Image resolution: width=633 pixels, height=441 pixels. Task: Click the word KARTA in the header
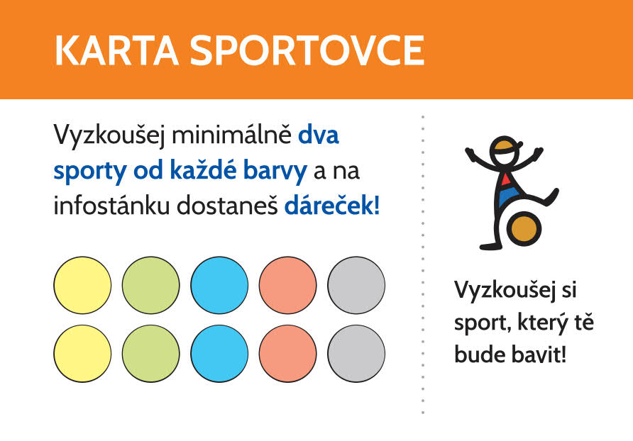(x=116, y=50)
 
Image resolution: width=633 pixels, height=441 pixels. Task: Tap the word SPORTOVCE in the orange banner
(x=307, y=50)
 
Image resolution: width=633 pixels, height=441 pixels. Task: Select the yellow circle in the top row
(x=82, y=285)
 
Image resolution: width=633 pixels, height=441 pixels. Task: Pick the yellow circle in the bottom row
(x=82, y=354)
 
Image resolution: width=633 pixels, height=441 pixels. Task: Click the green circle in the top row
(x=150, y=285)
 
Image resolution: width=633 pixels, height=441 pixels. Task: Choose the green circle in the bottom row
(x=150, y=354)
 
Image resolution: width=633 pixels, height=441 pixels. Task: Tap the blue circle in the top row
(x=219, y=285)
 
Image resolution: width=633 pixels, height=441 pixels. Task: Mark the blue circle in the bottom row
(x=219, y=354)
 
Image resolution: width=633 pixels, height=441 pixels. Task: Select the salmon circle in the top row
(x=287, y=285)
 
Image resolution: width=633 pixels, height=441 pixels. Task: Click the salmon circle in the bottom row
(x=287, y=354)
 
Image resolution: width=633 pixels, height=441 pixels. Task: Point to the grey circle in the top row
(x=356, y=285)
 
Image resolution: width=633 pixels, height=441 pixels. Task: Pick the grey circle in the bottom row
(x=356, y=354)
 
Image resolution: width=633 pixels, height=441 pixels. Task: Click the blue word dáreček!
(x=332, y=206)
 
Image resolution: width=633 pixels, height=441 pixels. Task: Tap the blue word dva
(x=319, y=135)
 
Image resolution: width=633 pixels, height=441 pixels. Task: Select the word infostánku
(x=111, y=206)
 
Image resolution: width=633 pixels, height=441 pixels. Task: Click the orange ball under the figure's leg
(x=524, y=229)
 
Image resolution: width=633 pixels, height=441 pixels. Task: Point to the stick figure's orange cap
(x=505, y=145)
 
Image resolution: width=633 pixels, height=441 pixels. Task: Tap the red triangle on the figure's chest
(x=505, y=179)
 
